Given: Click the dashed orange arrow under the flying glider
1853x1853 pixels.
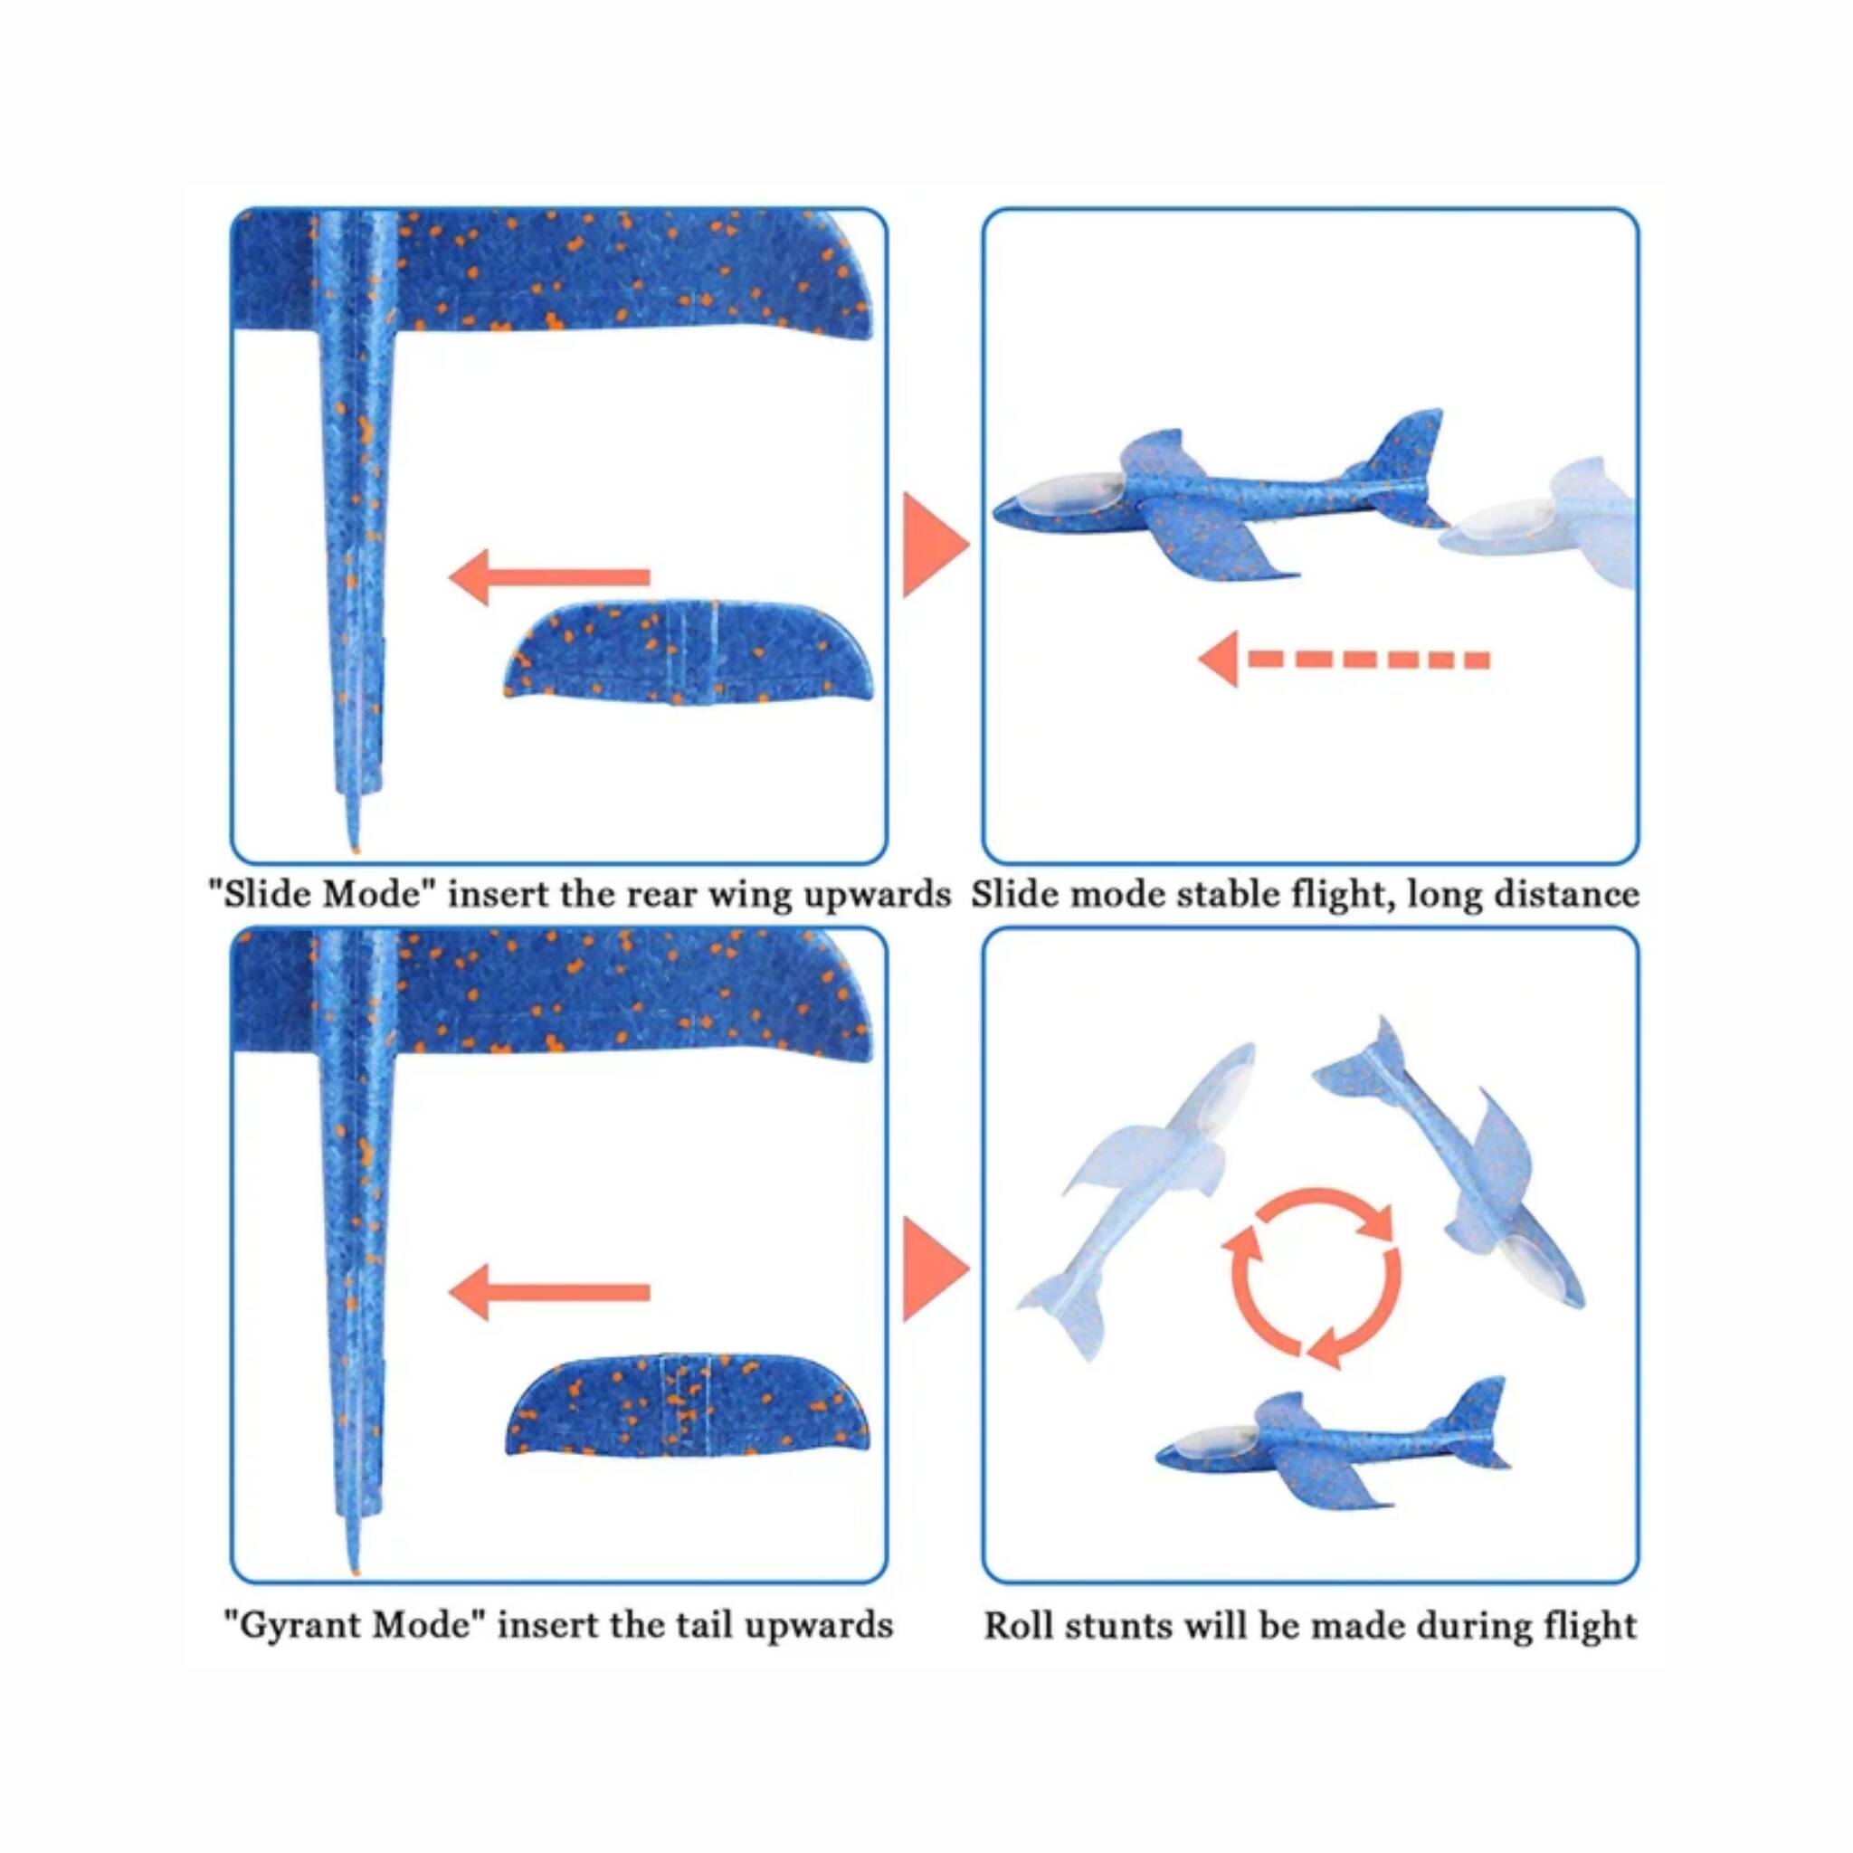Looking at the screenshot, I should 1343,659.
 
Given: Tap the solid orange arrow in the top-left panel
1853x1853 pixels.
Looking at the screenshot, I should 548,576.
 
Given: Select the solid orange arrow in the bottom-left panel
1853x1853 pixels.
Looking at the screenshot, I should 548,1292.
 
